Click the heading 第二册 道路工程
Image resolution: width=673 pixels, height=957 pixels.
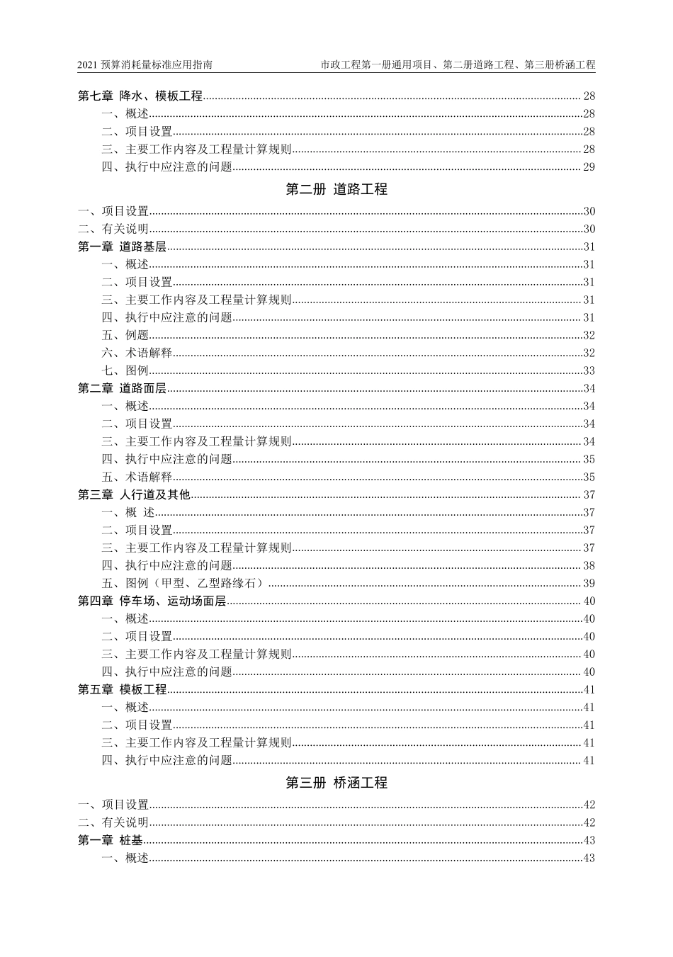point(336,190)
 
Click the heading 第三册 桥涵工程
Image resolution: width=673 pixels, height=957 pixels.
point(336,783)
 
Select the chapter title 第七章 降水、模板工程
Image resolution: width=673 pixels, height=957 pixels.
point(140,96)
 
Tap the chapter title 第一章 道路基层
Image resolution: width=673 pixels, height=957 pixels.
point(122,247)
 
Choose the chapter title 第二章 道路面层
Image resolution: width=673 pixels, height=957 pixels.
point(122,389)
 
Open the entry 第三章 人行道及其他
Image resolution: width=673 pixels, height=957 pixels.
point(134,495)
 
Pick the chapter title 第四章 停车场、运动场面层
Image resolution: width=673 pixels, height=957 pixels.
point(152,601)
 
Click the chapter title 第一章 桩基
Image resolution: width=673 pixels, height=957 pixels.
point(110,841)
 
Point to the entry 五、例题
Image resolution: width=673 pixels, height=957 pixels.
point(125,336)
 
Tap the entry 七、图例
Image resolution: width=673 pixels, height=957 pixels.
point(125,371)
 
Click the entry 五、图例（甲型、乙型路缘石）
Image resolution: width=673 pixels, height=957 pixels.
point(184,584)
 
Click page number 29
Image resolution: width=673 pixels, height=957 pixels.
point(589,167)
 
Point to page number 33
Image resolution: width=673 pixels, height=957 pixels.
point(589,371)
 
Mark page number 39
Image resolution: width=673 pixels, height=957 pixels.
point(589,584)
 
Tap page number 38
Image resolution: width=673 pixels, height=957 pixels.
point(589,566)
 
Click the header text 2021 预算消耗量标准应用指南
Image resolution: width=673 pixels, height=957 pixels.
point(145,65)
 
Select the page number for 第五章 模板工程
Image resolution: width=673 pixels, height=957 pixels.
point(589,690)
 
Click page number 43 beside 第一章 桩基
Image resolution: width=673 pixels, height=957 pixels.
point(589,841)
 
